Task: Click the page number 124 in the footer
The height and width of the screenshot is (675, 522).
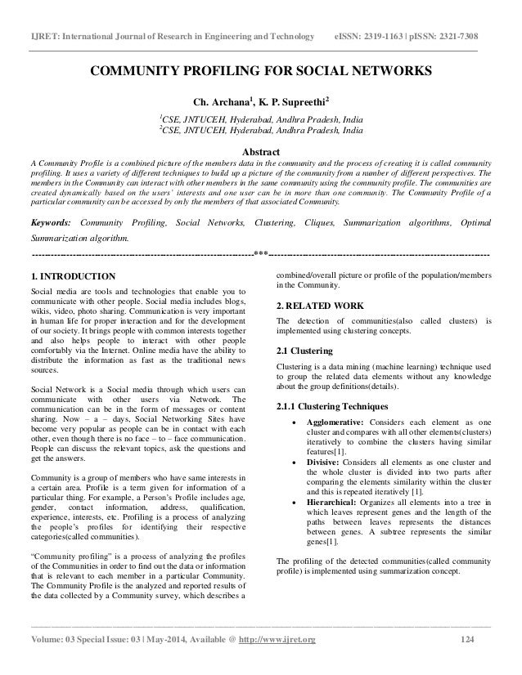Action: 467,659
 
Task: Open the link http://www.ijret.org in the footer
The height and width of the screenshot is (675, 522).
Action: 290,659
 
